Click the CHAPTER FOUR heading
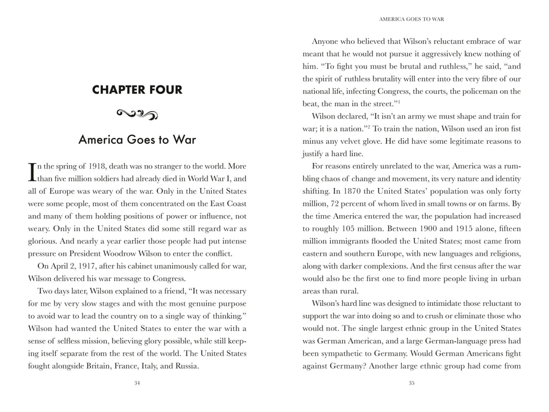pos(137,90)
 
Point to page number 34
pos(137,383)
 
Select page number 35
pos(412,383)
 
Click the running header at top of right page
pos(412,19)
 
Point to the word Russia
pos(185,366)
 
